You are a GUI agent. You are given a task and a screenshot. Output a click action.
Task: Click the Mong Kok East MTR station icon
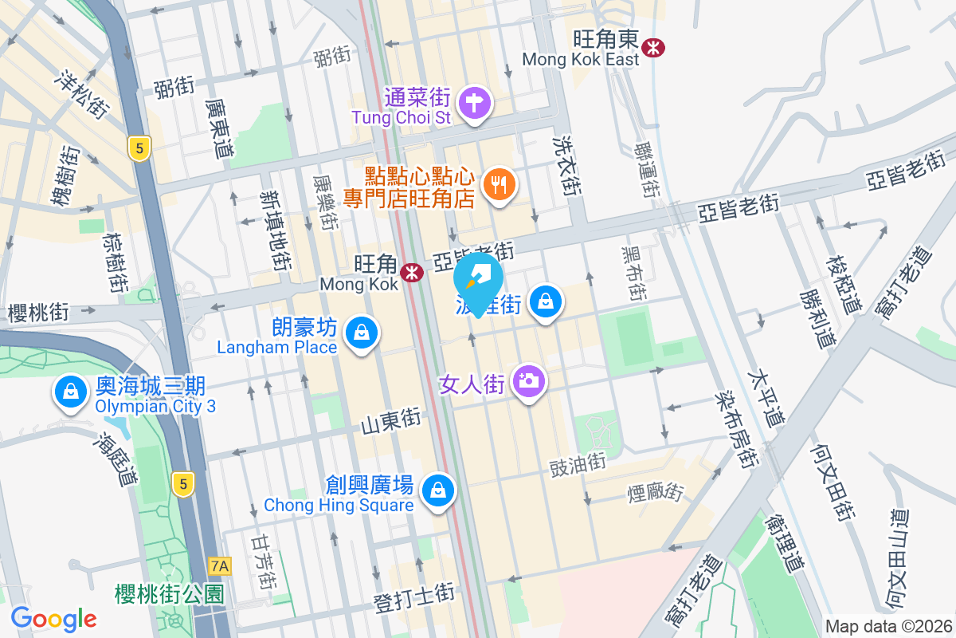653,47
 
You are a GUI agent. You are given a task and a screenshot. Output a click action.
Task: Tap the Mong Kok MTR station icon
412,273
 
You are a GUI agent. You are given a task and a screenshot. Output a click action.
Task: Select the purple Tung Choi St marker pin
475,103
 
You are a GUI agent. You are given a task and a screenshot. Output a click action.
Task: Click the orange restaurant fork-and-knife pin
500,186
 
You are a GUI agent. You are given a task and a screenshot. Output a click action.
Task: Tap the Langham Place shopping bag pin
362,331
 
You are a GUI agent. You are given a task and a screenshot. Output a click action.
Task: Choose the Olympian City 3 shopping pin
71,392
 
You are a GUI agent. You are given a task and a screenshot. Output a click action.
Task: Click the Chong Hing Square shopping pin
437,489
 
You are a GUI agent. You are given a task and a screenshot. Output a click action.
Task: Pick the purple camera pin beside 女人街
527,380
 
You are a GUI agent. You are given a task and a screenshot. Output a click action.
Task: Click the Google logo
53,619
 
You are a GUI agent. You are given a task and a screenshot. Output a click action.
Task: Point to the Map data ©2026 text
888,626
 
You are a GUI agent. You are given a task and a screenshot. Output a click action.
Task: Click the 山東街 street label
390,422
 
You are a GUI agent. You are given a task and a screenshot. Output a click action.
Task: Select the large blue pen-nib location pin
479,279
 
